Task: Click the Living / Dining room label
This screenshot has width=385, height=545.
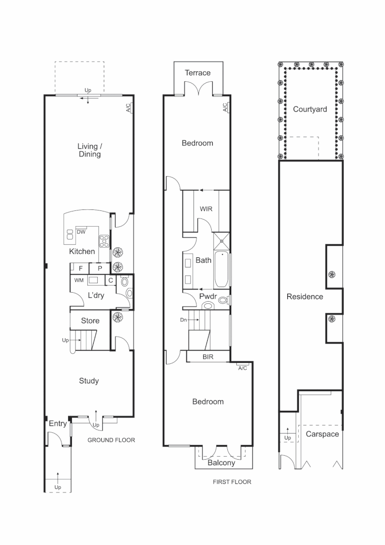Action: (x=89, y=150)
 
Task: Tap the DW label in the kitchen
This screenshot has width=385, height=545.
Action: (x=81, y=233)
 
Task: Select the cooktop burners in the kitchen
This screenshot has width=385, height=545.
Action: (x=104, y=241)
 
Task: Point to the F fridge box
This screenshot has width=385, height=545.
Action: (x=80, y=268)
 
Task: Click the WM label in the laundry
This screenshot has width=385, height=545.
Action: (x=79, y=280)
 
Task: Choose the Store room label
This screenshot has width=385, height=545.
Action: (x=90, y=320)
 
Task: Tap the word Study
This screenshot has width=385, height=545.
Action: (x=89, y=381)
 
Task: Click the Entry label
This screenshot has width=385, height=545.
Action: (x=57, y=424)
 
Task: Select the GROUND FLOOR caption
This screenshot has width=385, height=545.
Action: (x=111, y=440)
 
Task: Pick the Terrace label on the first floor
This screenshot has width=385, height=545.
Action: (x=198, y=73)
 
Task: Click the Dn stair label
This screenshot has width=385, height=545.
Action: (x=183, y=319)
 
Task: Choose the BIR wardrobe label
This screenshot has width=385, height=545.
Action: (x=209, y=357)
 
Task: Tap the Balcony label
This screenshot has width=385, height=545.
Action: (x=221, y=463)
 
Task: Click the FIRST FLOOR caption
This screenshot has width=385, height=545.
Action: (x=232, y=482)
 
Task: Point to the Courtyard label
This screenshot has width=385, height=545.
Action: (x=310, y=109)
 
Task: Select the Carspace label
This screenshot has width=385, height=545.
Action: (x=322, y=434)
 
